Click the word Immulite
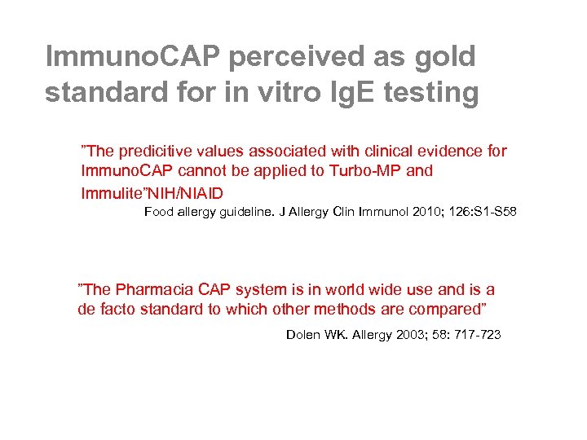pyautogui.click(x=112, y=192)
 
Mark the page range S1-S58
pyautogui.click(x=494, y=213)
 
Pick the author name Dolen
pyautogui.click(x=304, y=335)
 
